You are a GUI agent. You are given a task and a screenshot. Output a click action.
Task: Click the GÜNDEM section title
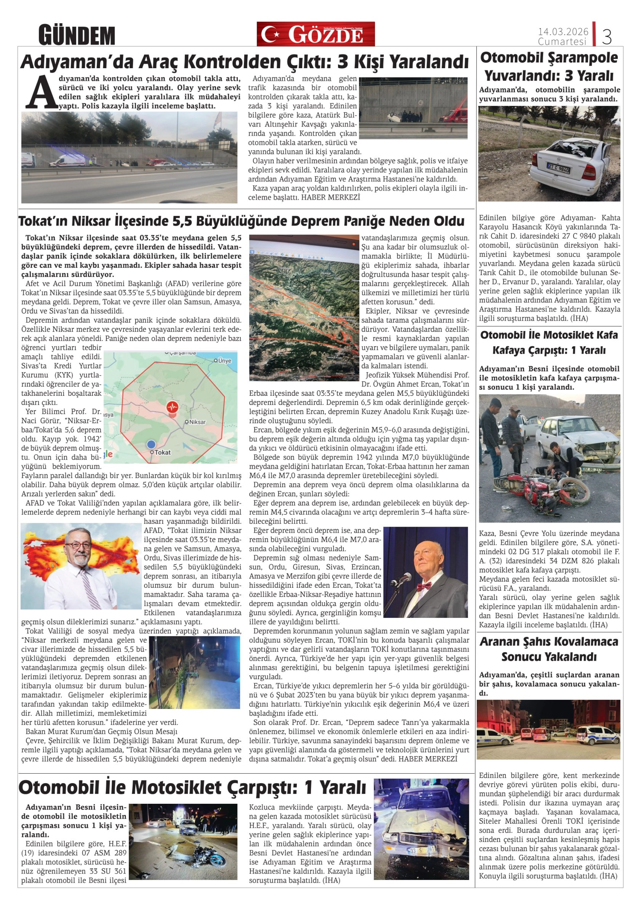(x=77, y=35)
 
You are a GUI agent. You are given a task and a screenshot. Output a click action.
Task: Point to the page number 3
(x=607, y=37)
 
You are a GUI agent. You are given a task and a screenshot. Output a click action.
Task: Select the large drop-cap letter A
(x=41, y=92)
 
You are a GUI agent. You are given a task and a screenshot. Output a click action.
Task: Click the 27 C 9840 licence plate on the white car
(x=558, y=169)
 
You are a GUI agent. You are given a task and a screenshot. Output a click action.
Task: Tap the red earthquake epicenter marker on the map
(x=172, y=407)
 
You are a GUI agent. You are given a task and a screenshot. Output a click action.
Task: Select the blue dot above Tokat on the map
(x=151, y=444)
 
